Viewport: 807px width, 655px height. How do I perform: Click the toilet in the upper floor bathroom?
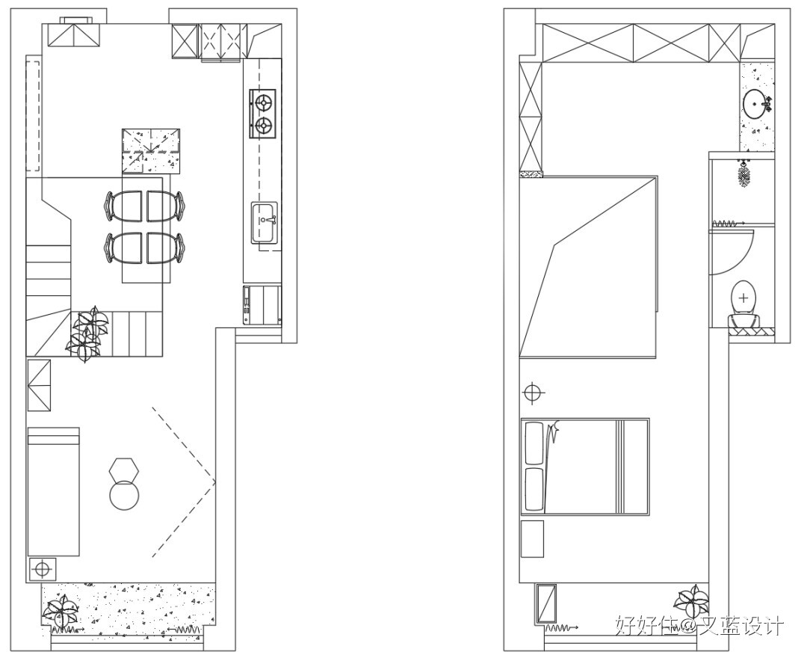[x=743, y=298]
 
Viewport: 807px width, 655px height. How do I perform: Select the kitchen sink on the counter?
[x=264, y=222]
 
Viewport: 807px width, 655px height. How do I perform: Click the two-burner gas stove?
[x=262, y=114]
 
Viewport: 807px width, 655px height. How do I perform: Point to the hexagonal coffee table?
[x=123, y=470]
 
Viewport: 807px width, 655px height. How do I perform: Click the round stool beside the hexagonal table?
[x=124, y=496]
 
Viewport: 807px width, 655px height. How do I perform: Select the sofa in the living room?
[x=53, y=491]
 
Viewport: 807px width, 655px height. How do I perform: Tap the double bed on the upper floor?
[x=584, y=467]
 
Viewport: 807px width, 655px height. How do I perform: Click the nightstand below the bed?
[x=532, y=539]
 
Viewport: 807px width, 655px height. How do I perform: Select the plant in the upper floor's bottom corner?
[x=691, y=602]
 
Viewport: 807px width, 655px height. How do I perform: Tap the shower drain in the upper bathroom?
[x=743, y=176]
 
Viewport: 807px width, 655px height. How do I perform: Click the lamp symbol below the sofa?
[x=42, y=569]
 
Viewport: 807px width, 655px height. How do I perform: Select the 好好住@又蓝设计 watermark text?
[x=699, y=625]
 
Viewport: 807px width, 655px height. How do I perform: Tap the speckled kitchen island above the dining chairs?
[x=152, y=150]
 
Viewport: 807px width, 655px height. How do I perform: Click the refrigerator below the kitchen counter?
[x=262, y=304]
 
